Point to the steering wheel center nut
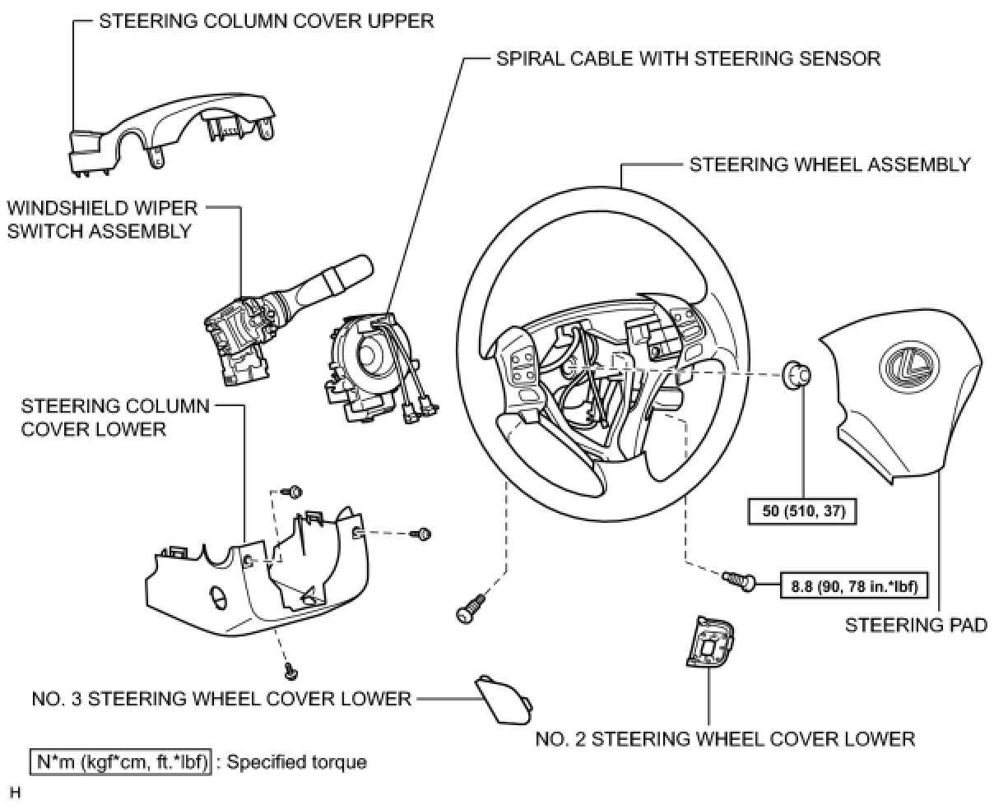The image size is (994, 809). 796,374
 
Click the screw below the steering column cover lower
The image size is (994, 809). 290,672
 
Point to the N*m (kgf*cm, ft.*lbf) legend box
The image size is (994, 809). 121,761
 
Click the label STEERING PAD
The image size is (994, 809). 916,626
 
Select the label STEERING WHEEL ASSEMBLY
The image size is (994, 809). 829,164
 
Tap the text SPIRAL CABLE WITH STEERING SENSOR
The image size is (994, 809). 689,59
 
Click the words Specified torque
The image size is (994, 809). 296,761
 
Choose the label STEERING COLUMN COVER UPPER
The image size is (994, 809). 266,21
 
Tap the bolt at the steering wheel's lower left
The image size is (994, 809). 468,609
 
